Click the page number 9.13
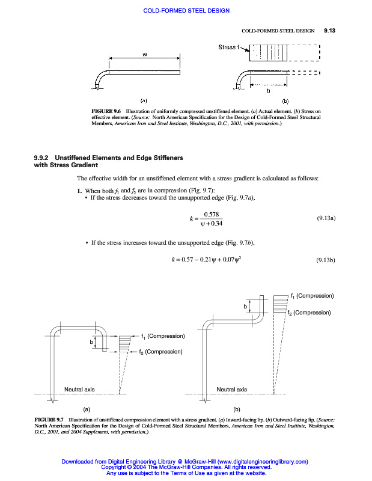(x=329, y=30)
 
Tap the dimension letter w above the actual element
(x=145, y=55)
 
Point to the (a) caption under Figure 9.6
(x=144, y=100)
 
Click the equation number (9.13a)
(x=326, y=218)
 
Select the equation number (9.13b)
(x=326, y=260)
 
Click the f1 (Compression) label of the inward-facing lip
(x=162, y=335)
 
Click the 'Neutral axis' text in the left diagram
(x=79, y=390)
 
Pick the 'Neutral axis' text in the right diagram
(x=232, y=390)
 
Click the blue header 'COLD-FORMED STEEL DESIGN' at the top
(x=186, y=11)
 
